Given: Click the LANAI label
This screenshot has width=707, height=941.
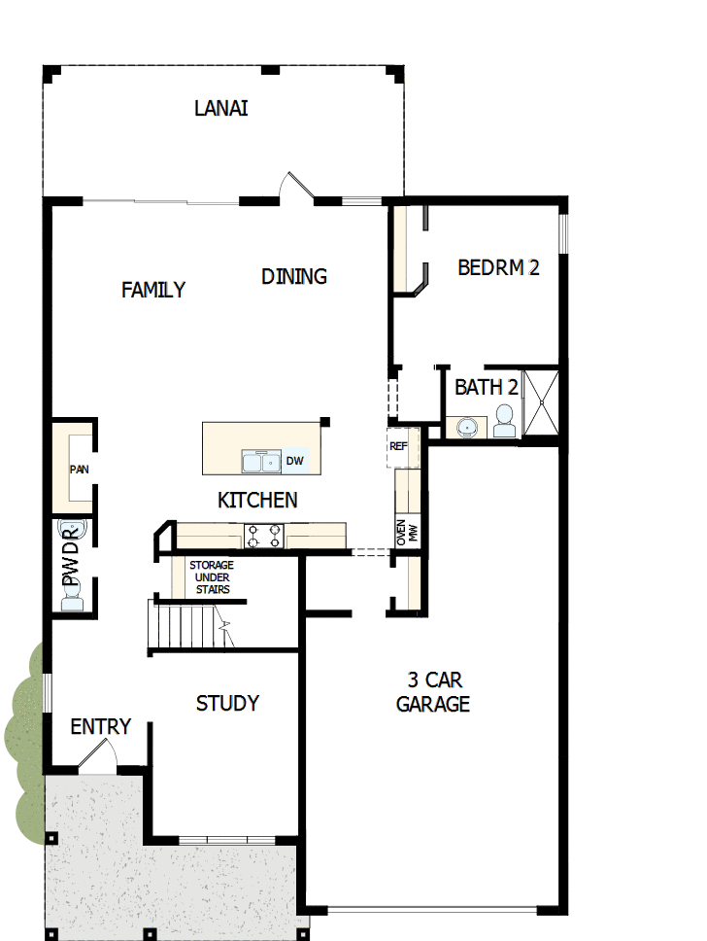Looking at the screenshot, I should [220, 108].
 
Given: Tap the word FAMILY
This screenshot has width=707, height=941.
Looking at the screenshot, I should [153, 290].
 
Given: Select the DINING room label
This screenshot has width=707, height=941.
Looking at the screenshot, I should [294, 277].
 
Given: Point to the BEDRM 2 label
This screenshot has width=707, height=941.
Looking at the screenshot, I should [498, 268].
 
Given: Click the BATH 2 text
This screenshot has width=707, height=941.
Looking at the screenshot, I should [487, 387].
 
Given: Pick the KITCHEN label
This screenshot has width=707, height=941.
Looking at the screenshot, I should [257, 501].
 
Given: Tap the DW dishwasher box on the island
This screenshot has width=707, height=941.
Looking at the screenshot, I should [295, 461].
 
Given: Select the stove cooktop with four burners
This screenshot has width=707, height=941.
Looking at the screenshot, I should [264, 536].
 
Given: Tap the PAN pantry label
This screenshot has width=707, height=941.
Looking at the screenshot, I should [79, 470].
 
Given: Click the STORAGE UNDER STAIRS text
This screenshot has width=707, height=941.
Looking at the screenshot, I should [211, 577].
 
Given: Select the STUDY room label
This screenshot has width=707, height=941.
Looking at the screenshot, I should [227, 703].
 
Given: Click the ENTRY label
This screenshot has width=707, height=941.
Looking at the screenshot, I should [100, 727].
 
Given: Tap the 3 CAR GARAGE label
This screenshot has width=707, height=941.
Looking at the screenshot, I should [433, 691].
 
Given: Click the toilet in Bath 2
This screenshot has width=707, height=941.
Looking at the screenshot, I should [504, 420].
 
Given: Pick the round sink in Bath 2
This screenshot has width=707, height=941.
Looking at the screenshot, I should [469, 427].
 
